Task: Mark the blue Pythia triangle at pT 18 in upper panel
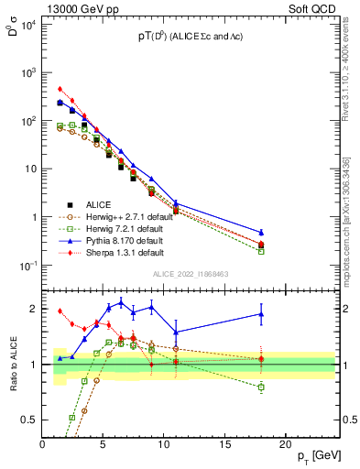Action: (261, 233)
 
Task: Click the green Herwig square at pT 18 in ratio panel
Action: (261, 387)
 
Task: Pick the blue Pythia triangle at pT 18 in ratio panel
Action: (261, 314)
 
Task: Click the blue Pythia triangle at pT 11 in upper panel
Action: (176, 203)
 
